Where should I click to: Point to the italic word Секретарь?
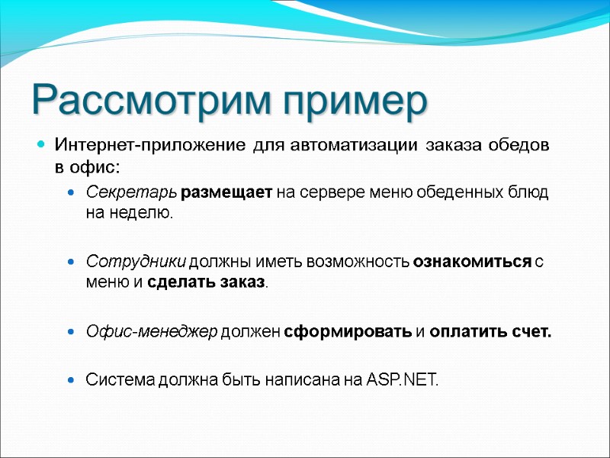click(132, 192)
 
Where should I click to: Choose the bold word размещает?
click(226, 192)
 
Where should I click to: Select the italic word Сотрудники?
click(136, 262)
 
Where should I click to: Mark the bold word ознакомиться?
click(471, 262)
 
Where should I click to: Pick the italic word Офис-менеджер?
click(152, 332)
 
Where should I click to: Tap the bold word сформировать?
click(347, 332)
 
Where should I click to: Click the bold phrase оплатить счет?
click(490, 332)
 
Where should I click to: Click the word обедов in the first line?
click(520, 146)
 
